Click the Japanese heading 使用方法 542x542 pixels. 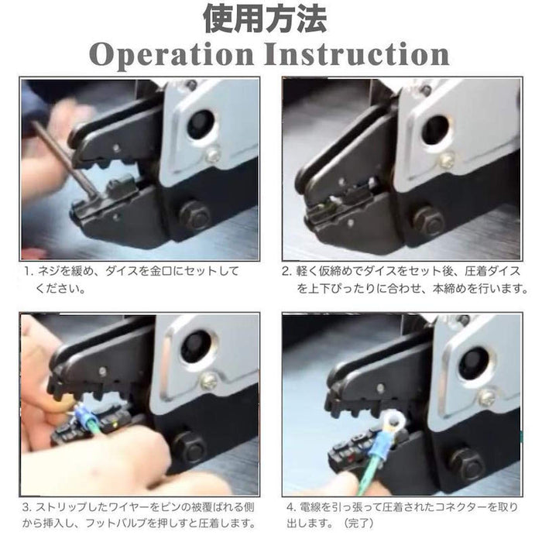coord(265,19)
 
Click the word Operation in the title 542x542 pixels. coord(171,55)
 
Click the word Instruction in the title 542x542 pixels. coord(357,54)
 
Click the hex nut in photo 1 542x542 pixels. coord(194,216)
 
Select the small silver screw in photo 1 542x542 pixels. coord(212,154)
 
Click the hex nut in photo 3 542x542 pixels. coord(189,448)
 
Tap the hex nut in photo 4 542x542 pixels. coord(468,465)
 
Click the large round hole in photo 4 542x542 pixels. coord(474,362)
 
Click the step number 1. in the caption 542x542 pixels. coord(29,271)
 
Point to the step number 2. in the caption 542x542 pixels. coord(287,271)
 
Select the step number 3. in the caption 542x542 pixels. coord(27,507)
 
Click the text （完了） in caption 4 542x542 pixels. coord(358,523)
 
